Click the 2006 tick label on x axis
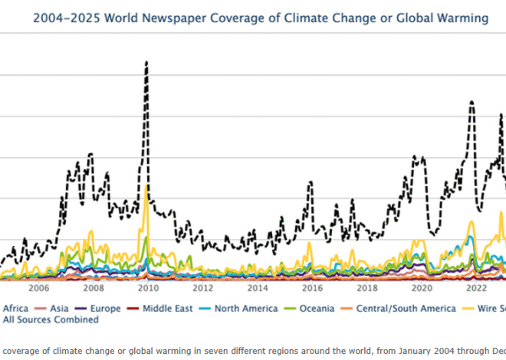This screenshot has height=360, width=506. pos(38,289)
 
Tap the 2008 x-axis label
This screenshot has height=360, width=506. pos(94,289)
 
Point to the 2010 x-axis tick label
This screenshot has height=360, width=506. pos(148,289)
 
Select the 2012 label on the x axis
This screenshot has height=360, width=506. pos(202,289)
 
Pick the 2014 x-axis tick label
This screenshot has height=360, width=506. pos(258,289)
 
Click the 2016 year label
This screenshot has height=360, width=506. pos(312,289)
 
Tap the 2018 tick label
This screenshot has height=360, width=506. pos(367,289)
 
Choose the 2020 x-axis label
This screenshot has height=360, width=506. pos(422,289)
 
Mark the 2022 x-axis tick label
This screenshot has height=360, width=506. pos(477,289)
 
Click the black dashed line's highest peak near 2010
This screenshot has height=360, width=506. pos(146,62)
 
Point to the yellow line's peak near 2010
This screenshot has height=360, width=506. pos(146,185)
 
